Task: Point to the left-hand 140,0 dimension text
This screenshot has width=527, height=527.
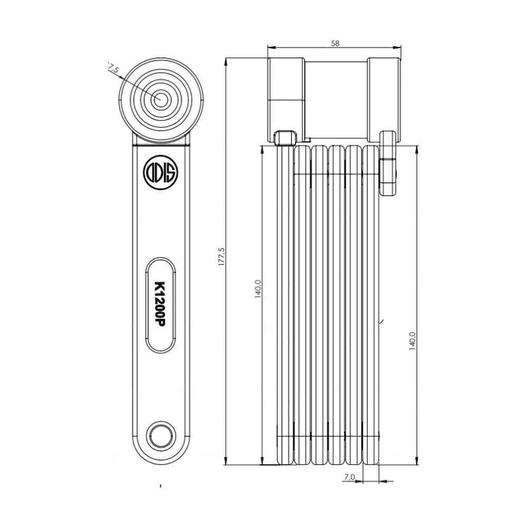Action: point(258,289)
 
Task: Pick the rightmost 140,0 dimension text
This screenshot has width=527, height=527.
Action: point(413,340)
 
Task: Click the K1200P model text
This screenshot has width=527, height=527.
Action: point(160,305)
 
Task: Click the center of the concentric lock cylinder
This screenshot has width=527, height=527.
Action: point(161,99)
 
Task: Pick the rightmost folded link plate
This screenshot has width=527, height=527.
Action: point(372,306)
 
